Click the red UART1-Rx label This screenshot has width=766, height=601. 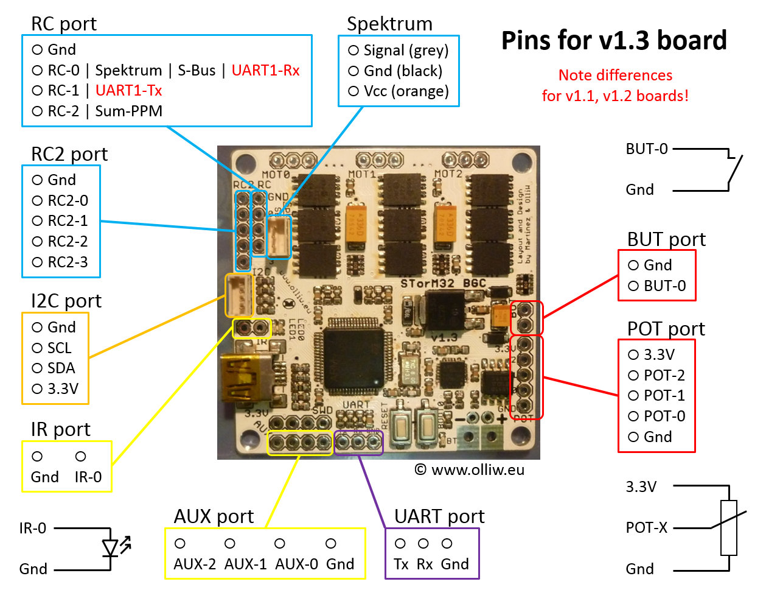coord(265,70)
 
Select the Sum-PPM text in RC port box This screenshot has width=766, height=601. coord(128,111)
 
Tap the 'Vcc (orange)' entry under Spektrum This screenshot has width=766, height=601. coord(406,91)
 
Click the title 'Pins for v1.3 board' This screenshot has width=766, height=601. coord(614,40)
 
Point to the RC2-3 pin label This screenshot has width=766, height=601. coord(68,262)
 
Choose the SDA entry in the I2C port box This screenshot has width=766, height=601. coord(61,368)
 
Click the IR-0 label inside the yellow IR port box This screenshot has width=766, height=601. coord(88,477)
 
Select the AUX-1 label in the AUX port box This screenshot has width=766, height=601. coord(245,564)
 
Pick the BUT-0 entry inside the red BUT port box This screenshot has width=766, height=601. coord(664,286)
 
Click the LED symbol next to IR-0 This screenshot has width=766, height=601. coord(111,547)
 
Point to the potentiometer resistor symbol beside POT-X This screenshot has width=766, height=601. coord(728,527)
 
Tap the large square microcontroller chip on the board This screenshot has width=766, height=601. coord(353,359)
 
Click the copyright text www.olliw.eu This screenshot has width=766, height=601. coord(469,469)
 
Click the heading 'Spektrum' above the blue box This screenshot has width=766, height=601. coord(389,24)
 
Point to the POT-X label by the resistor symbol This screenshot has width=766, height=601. coord(646,527)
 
